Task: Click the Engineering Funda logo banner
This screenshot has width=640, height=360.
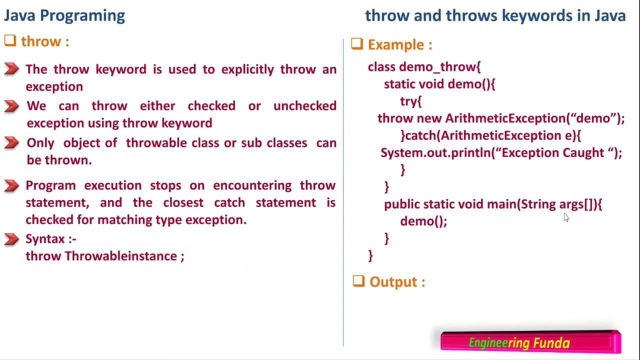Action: [530, 342]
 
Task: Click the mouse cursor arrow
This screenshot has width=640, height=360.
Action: [566, 217]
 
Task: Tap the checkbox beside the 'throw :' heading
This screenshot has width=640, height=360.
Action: [10, 41]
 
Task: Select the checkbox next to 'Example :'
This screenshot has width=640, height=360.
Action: [356, 44]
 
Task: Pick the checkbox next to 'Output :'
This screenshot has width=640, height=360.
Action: [358, 281]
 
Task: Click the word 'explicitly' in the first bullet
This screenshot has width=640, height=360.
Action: [247, 69]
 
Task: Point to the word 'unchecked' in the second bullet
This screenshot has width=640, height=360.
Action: [304, 106]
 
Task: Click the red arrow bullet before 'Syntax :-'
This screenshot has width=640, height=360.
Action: [11, 239]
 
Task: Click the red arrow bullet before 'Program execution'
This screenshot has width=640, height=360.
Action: [11, 185]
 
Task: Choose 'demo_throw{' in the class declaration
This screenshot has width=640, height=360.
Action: [439, 67]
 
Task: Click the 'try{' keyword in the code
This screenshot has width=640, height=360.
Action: [410, 101]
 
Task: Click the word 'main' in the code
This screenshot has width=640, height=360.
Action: [501, 204]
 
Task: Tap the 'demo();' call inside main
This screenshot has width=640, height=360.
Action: [423, 221]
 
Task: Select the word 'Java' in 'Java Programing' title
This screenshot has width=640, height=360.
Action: [20, 15]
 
